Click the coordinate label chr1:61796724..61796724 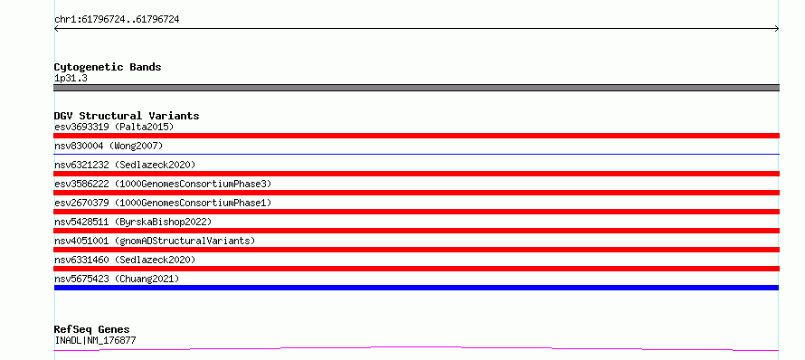[117, 20]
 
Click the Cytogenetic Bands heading [108, 67]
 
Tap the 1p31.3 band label [71, 78]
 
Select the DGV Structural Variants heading [127, 116]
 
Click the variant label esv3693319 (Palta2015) [114, 127]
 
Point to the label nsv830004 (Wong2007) [109, 146]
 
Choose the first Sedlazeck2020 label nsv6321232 [125, 165]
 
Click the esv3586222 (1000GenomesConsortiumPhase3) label [163, 184]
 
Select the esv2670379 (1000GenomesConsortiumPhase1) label [163, 203]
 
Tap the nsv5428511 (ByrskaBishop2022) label [133, 222]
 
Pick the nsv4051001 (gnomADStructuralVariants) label [155, 241]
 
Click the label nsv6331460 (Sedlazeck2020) [125, 260]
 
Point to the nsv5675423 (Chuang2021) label [117, 279]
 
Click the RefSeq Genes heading [92, 329]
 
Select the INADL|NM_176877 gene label [95, 340]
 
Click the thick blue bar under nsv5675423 [416, 288]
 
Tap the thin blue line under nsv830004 [416, 154]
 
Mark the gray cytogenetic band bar [416, 88]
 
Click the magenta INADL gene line [416, 349]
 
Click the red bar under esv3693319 [416, 136]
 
